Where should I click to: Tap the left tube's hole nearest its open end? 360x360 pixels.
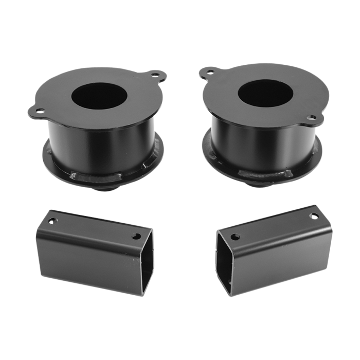pos(136,237)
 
